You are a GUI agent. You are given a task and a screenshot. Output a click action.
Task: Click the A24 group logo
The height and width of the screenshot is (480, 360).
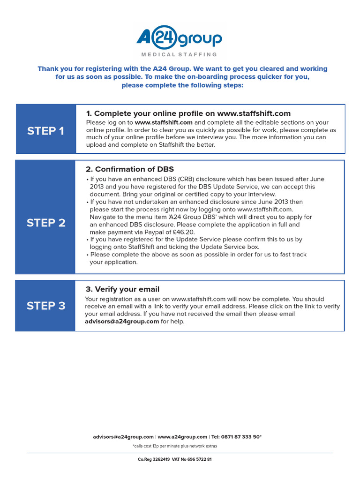[x=179, y=38]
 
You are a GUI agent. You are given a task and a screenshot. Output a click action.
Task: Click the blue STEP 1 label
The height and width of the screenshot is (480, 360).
[x=45, y=131]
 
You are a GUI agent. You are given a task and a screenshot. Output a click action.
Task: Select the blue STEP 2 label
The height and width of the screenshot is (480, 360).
[x=46, y=223]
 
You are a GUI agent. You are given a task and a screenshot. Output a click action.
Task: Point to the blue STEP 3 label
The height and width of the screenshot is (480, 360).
[x=46, y=306]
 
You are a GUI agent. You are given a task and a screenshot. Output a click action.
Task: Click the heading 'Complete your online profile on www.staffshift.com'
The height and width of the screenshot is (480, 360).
[x=188, y=113]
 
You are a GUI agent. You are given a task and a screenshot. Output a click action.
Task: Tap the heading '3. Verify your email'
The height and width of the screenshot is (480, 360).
[x=122, y=289]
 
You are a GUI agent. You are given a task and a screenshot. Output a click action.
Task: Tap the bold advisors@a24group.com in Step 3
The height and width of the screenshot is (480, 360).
[x=122, y=322]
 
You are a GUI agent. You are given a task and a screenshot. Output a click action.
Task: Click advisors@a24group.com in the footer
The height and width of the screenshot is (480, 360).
[x=123, y=437]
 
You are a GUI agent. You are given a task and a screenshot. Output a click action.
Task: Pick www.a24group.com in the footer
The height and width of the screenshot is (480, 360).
[x=182, y=437]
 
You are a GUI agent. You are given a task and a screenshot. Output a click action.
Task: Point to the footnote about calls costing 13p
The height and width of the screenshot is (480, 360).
[x=175, y=446]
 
